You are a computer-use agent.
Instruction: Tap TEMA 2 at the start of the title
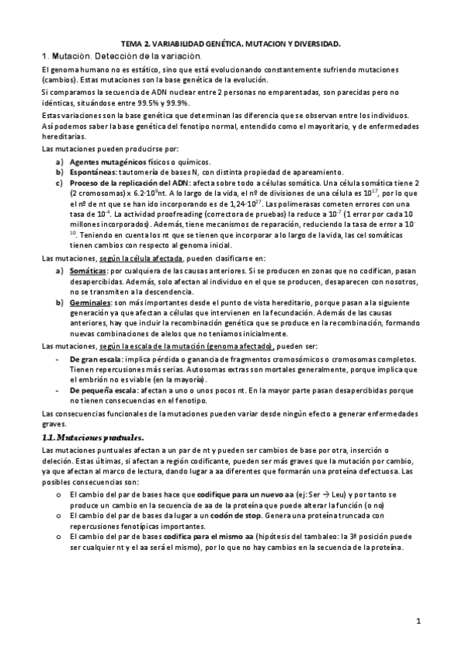138,46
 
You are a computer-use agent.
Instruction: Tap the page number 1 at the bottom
417,620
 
